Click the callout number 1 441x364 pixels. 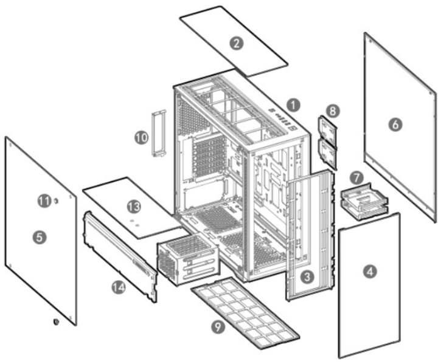(x=294, y=106)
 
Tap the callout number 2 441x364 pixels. (x=236, y=44)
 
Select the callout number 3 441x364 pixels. (x=307, y=277)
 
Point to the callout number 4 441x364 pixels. (x=370, y=272)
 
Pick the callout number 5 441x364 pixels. (x=40, y=238)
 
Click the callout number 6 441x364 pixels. (x=395, y=124)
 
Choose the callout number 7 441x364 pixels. (x=357, y=177)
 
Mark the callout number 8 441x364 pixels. (x=333, y=111)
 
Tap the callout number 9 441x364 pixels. (x=218, y=326)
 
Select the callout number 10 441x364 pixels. (x=141, y=138)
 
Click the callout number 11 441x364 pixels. (x=44, y=201)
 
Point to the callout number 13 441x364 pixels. (x=134, y=207)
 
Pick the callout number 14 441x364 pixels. (x=119, y=287)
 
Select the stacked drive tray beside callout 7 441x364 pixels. (x=364, y=202)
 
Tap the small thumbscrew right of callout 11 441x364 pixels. (x=56, y=201)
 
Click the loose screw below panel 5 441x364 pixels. (x=56, y=321)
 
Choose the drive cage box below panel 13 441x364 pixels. (x=188, y=260)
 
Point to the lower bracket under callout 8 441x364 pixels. (x=328, y=154)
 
